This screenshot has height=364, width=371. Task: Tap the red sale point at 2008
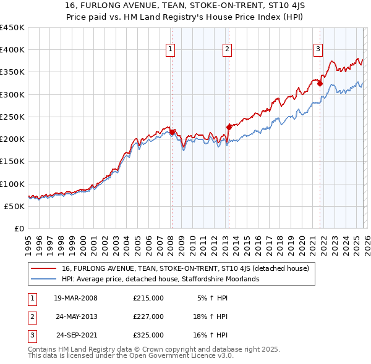coord(173,132)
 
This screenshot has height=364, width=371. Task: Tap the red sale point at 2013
coord(229,127)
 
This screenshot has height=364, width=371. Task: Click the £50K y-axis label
coord(15,206)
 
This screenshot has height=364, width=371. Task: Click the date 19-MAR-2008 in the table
coord(75,298)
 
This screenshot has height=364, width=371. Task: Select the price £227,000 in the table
coord(148,316)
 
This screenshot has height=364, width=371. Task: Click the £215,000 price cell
coord(148,298)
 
